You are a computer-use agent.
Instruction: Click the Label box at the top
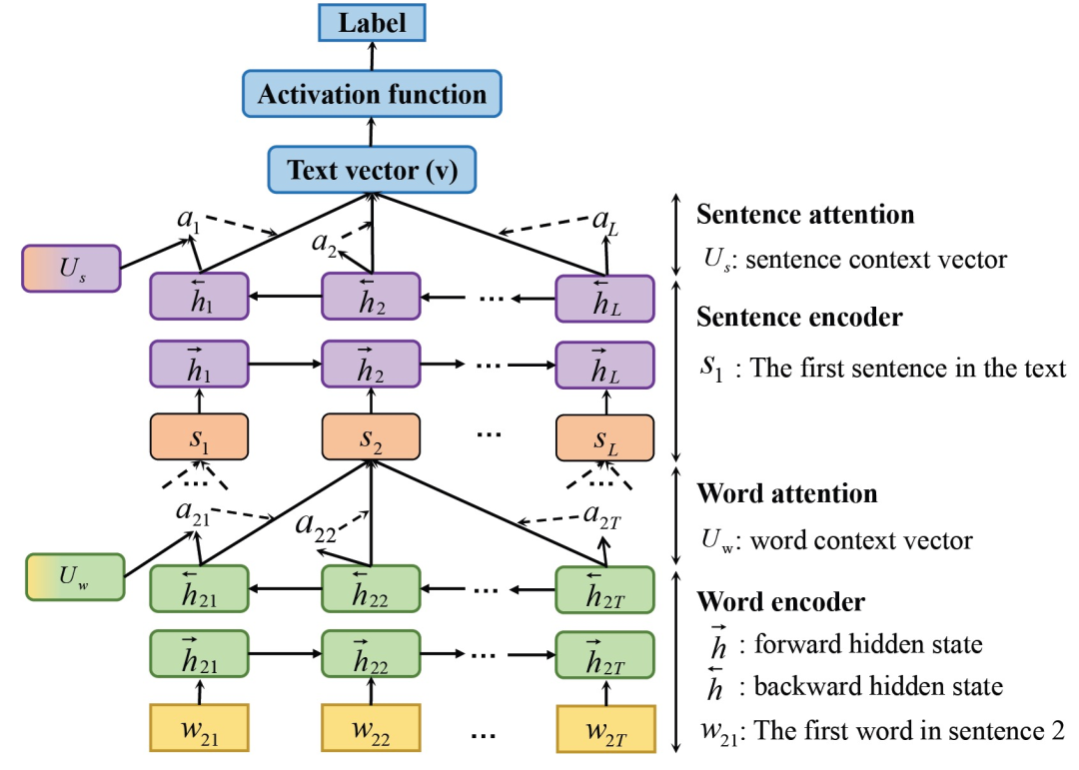(x=372, y=23)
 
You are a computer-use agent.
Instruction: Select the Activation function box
(x=372, y=96)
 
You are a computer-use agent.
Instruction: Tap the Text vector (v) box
(x=372, y=171)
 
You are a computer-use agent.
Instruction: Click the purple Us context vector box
(x=71, y=269)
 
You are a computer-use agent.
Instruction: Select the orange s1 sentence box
(x=199, y=435)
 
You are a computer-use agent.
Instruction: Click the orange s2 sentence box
(x=371, y=435)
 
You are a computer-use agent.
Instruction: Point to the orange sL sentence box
(x=604, y=435)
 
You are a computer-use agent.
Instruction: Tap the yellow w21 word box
(x=199, y=729)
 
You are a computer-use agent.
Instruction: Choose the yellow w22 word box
(x=371, y=729)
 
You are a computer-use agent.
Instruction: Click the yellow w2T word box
(x=605, y=729)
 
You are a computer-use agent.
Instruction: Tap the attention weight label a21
(x=192, y=511)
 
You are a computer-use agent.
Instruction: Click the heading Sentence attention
(x=804, y=215)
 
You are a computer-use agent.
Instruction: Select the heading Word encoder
(x=780, y=602)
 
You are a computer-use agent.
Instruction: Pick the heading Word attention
(x=786, y=493)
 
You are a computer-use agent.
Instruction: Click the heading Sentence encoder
(x=799, y=318)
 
